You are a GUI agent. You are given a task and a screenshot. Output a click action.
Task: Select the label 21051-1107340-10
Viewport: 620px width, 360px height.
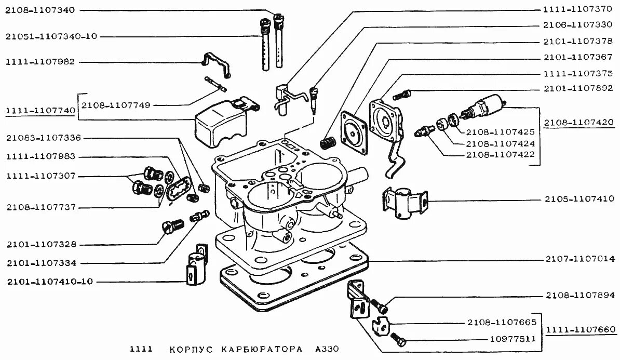[x=51, y=36]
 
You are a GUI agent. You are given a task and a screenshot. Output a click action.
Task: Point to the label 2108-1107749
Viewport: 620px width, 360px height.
[x=115, y=105]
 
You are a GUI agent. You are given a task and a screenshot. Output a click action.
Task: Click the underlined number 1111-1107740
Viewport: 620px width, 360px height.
[x=40, y=111]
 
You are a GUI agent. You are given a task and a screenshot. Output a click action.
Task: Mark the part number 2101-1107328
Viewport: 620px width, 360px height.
[x=41, y=244]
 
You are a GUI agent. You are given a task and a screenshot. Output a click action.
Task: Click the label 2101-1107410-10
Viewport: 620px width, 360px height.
[x=50, y=282]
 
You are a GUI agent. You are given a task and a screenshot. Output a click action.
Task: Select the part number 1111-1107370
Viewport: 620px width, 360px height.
[x=578, y=9]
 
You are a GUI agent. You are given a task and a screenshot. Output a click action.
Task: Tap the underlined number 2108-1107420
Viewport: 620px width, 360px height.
[x=579, y=123]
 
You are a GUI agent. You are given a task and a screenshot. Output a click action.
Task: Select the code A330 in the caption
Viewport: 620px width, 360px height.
[x=326, y=349]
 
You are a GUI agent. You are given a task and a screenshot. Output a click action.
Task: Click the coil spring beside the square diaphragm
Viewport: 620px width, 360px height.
[x=328, y=141]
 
